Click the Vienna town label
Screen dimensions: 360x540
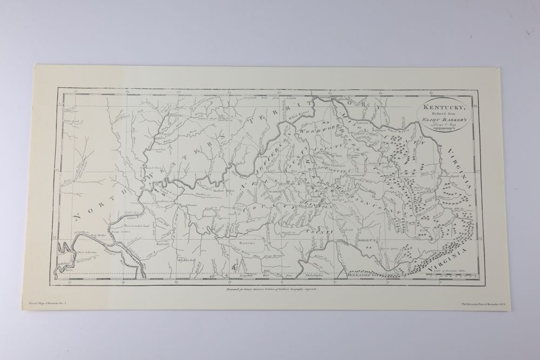[x=193, y=206]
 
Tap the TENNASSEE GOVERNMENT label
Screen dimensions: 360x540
[x=373, y=275]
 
